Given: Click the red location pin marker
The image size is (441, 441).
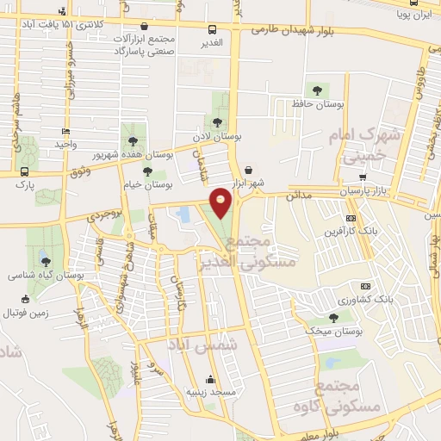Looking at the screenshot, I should click(221, 201).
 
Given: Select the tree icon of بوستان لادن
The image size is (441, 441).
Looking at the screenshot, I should click(218, 122).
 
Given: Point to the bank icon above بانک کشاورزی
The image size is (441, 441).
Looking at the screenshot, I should click(364, 286).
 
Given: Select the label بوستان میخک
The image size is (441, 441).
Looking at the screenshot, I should click(333, 331).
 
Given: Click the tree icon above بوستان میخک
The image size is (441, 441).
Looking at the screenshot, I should click(333, 318).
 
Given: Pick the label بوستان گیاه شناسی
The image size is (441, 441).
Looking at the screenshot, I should click(45, 276).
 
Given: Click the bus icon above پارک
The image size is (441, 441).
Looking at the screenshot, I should click(23, 171).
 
